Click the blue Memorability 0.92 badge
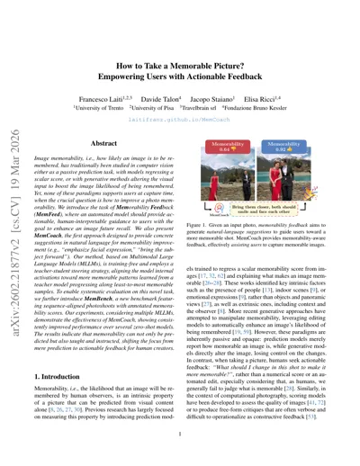pos(308,117)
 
